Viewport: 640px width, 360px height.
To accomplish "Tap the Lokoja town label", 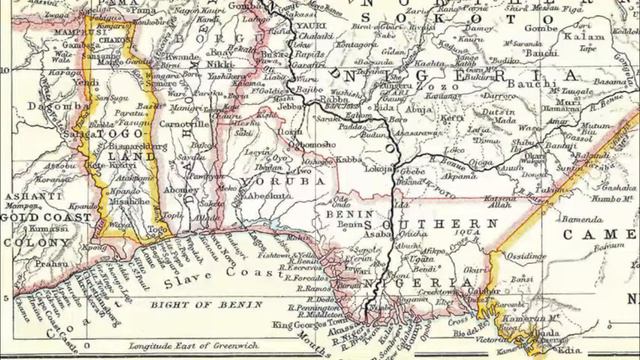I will click(379, 170).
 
